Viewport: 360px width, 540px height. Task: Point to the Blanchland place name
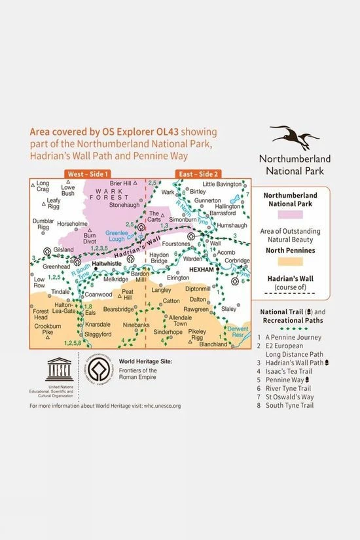tap(213, 344)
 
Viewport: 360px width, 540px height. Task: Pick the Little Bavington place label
tap(223, 184)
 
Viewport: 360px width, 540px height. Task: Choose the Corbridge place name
tap(236, 260)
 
